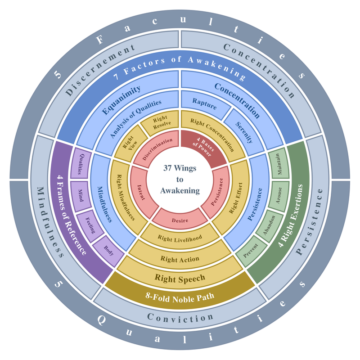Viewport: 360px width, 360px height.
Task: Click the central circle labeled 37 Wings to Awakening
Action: pyautogui.click(x=180, y=179)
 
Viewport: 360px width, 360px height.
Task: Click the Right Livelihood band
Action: pyautogui.click(x=180, y=237)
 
